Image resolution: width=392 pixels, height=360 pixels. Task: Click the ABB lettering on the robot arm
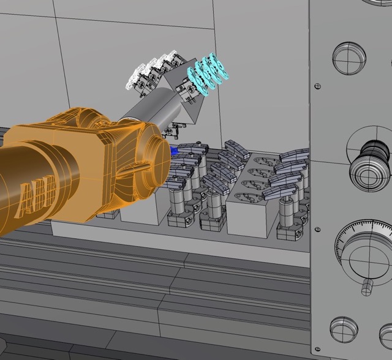[x=38, y=196]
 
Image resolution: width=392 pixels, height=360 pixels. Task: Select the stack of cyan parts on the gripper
[x=208, y=74]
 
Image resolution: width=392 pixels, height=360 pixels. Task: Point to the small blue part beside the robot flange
[x=174, y=151]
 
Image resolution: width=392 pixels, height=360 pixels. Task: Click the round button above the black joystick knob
[x=349, y=58]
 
